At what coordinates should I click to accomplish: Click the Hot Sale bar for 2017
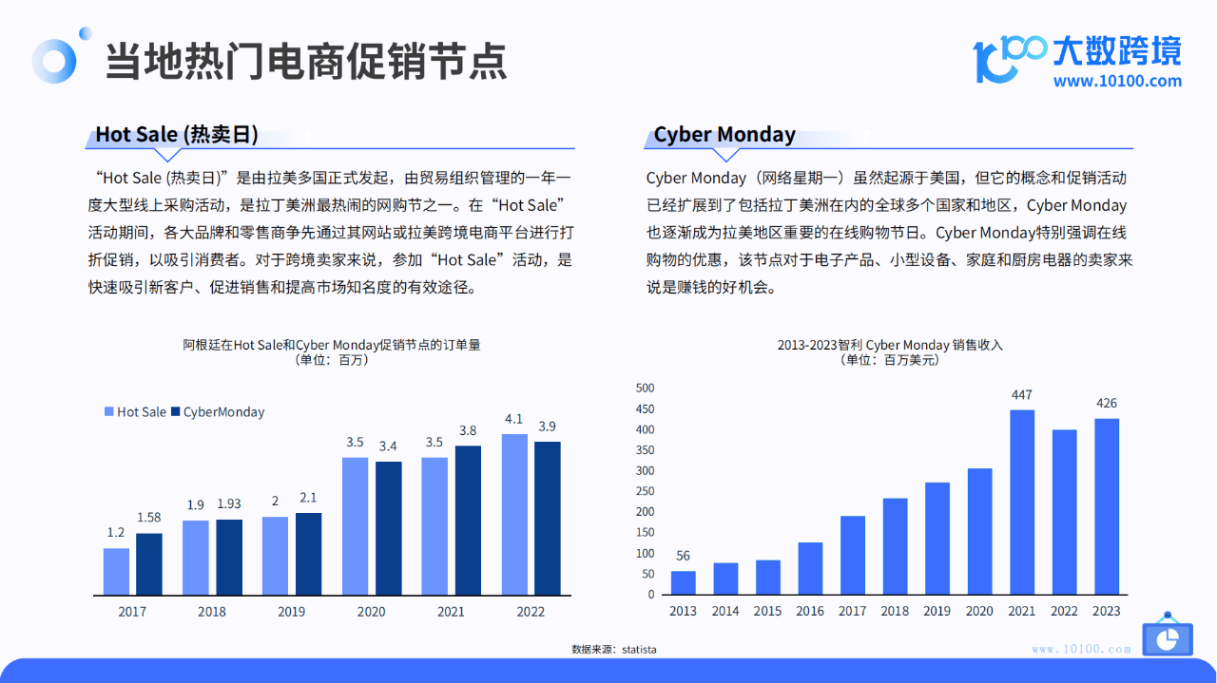tap(116, 571)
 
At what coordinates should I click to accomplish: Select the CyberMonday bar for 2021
tap(468, 521)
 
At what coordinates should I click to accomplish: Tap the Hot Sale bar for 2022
tap(514, 514)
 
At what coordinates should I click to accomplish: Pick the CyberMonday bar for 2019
tap(309, 554)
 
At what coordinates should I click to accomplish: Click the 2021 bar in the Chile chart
tap(1022, 503)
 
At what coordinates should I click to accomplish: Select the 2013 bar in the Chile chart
tap(683, 582)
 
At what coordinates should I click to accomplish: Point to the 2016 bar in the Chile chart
tap(810, 568)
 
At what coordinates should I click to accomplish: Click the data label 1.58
tap(149, 518)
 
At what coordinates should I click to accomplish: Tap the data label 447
tap(1022, 395)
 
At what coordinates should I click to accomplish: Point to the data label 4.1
tap(514, 419)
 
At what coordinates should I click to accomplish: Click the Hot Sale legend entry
tap(135, 412)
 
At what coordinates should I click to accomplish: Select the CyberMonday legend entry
tap(218, 412)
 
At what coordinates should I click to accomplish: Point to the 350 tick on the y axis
tap(645, 450)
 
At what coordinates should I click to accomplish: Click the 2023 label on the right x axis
tap(1106, 612)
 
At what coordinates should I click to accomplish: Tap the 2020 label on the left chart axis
tap(371, 612)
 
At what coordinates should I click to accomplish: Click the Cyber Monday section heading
tap(724, 134)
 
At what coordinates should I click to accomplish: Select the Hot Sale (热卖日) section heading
tap(177, 134)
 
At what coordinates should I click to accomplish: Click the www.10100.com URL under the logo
tap(1117, 81)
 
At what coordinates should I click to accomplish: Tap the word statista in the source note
tap(639, 650)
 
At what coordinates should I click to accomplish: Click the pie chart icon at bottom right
tap(1168, 638)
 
